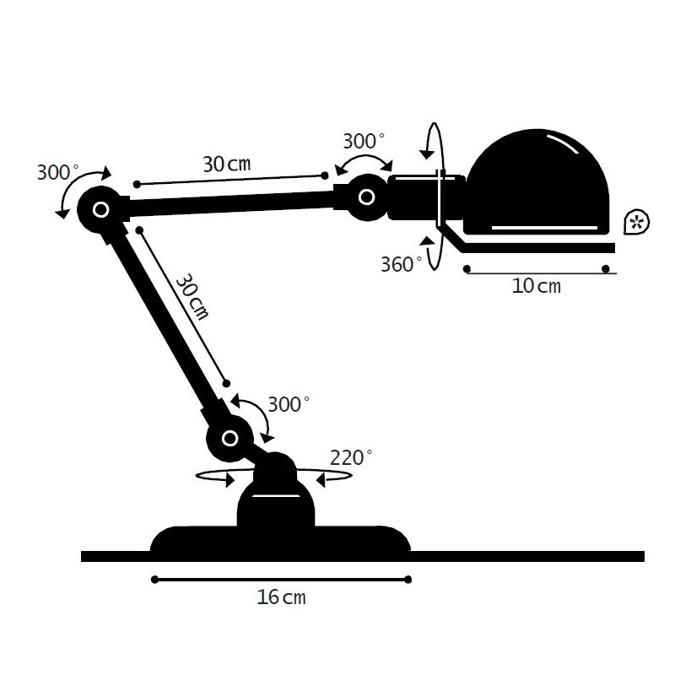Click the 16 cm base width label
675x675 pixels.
point(281,597)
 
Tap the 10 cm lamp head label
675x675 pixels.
point(537,286)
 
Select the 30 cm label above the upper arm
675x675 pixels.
point(227,164)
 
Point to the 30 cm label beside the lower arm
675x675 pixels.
point(192,297)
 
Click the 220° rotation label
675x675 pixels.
point(351,457)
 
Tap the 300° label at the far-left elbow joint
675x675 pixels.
point(58,172)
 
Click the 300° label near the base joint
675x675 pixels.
point(289,404)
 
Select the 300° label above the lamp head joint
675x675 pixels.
point(364,141)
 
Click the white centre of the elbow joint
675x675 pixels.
point(101,209)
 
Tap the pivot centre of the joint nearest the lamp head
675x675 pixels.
point(367,197)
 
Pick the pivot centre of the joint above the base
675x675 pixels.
point(230,439)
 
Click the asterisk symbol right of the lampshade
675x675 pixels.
point(636,222)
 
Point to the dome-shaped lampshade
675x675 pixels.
point(537,181)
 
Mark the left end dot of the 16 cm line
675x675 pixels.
point(155,580)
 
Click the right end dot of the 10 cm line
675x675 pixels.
point(606,269)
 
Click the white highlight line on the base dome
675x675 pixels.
point(276,495)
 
